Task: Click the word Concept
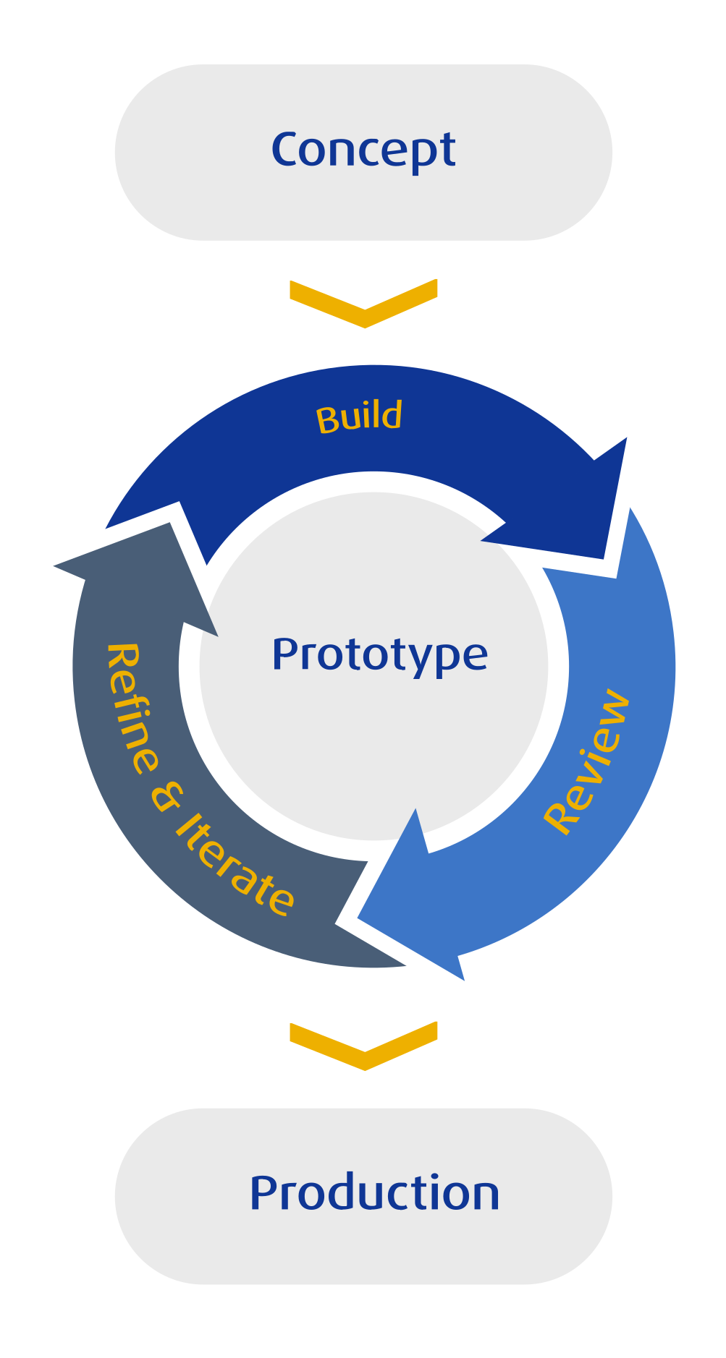(363, 150)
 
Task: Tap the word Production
(374, 1193)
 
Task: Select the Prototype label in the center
(379, 655)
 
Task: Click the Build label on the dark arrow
(359, 417)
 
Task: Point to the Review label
(587, 761)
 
